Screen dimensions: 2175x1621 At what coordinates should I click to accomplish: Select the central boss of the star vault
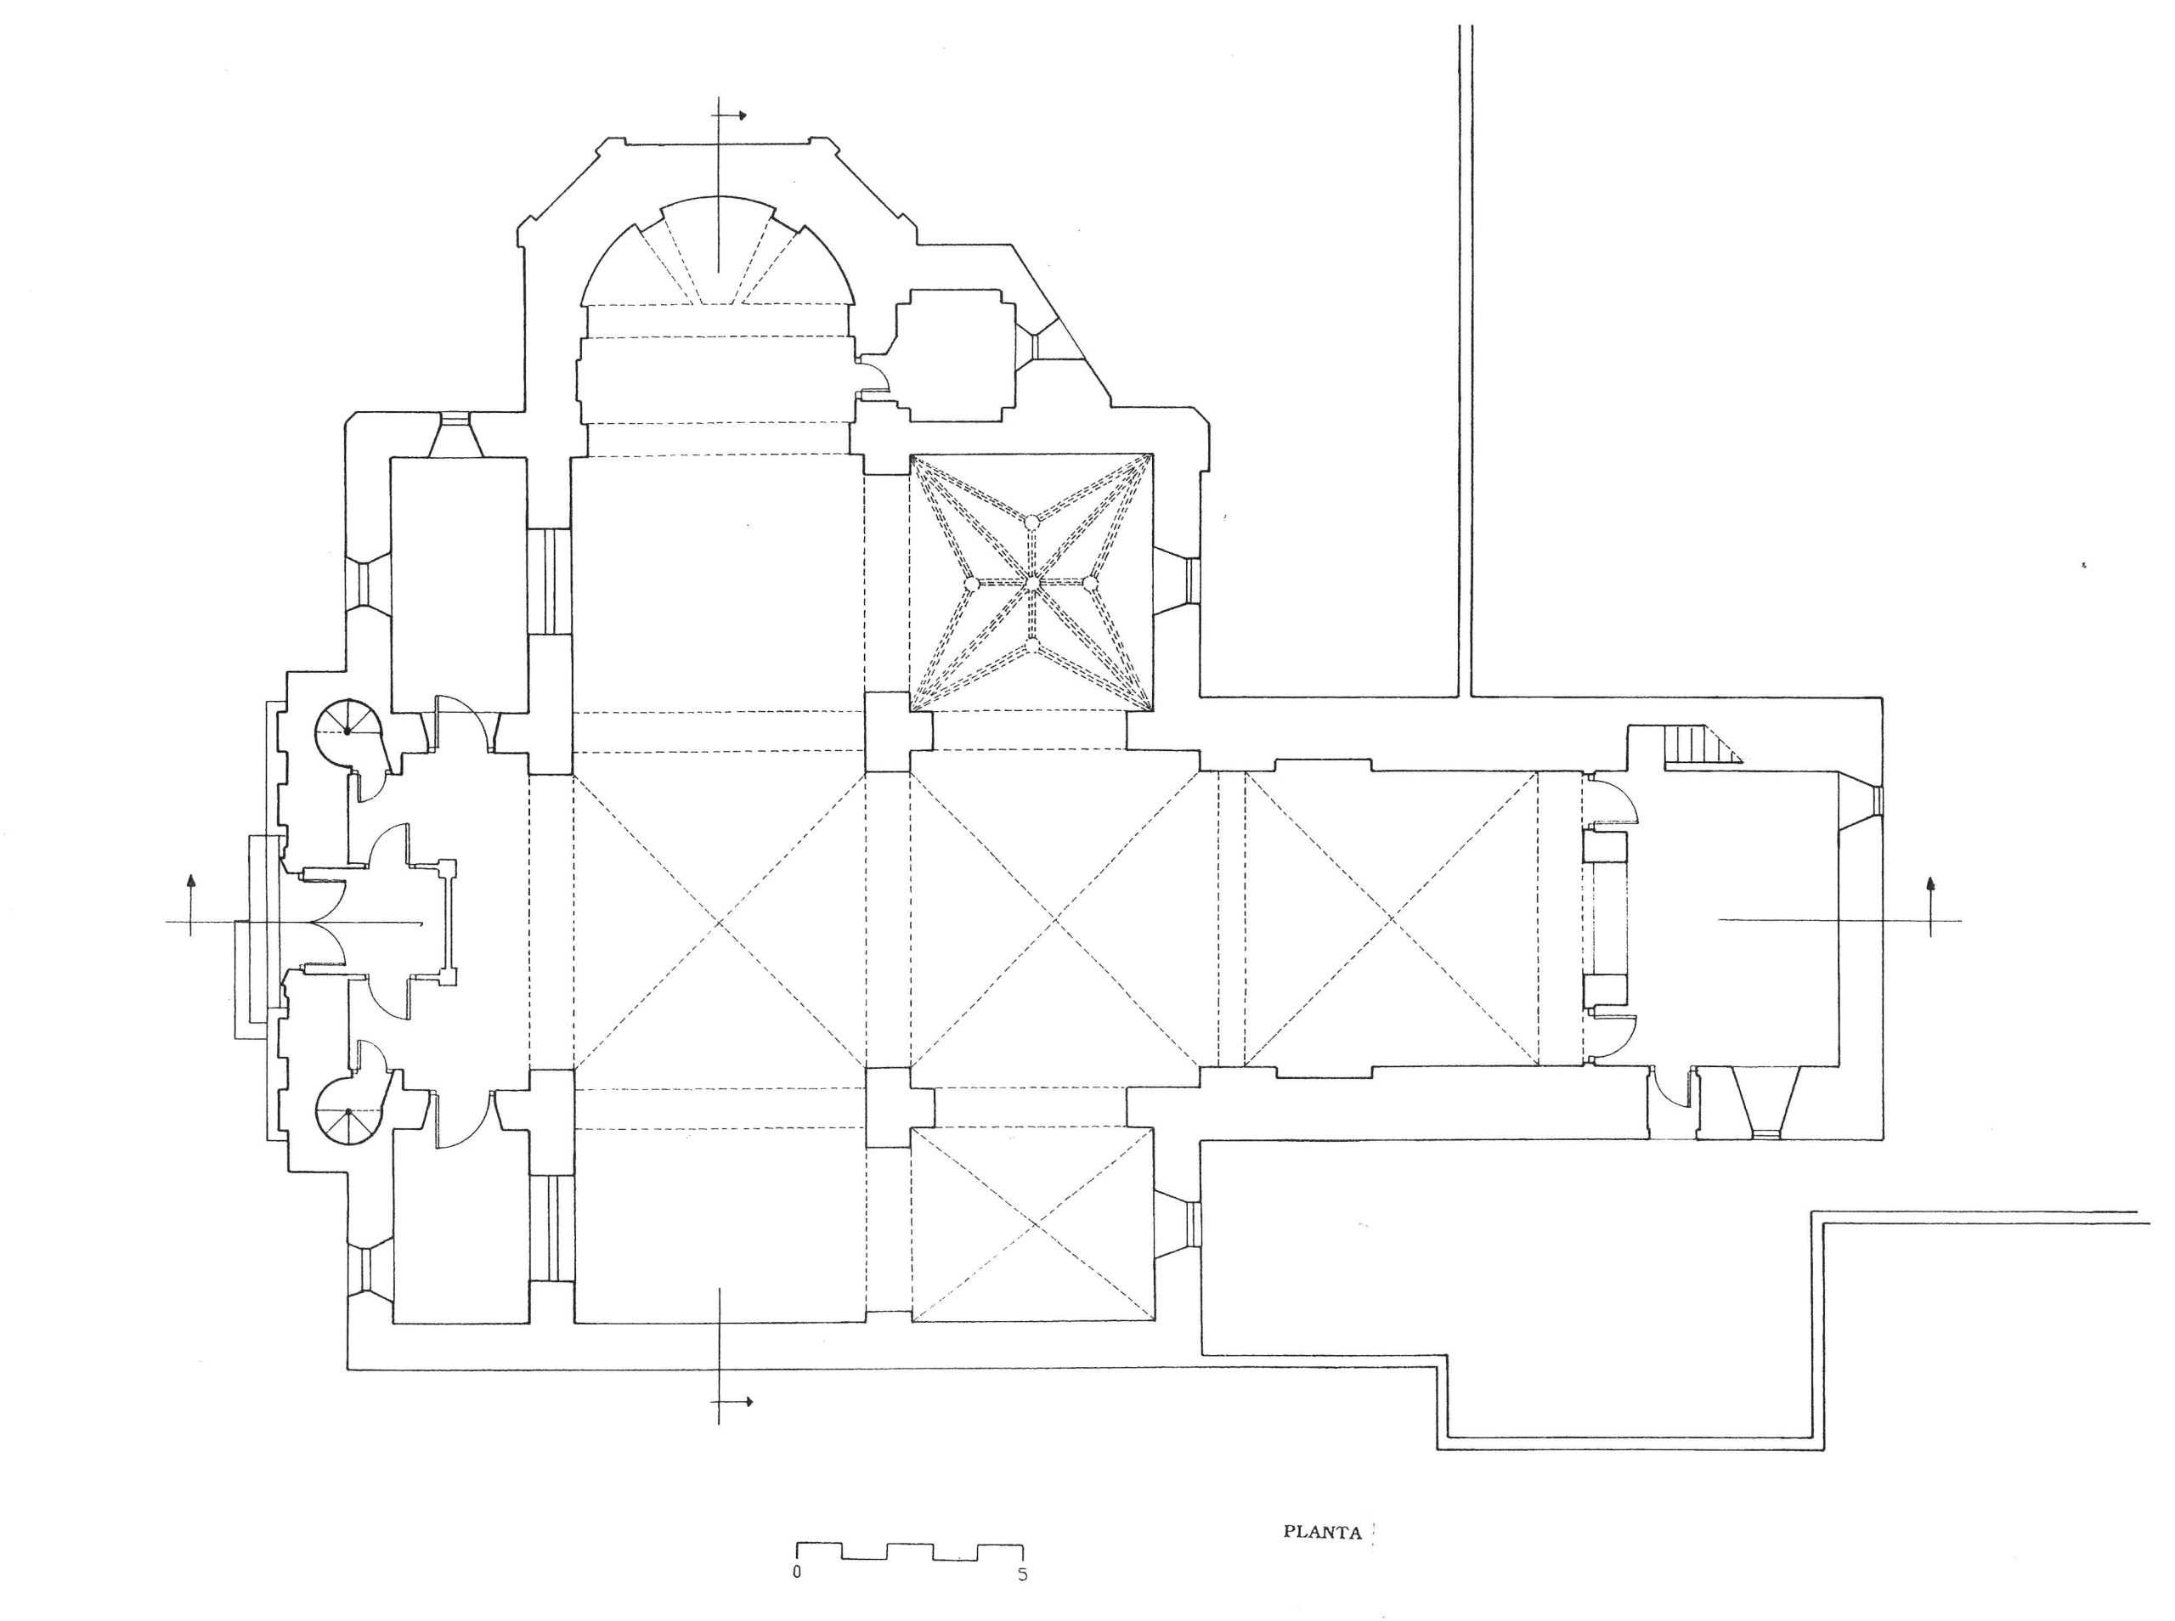coord(1032,583)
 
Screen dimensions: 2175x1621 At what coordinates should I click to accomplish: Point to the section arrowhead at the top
coord(743,116)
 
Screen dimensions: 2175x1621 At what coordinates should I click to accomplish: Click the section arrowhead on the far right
coord(1932,882)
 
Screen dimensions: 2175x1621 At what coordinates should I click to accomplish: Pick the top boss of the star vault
coord(1032,522)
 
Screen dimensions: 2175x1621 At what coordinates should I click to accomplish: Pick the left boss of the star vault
coord(972,583)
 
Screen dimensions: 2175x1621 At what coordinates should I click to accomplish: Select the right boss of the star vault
coord(1090,583)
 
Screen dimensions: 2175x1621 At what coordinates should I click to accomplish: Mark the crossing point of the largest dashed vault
coord(719,922)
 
